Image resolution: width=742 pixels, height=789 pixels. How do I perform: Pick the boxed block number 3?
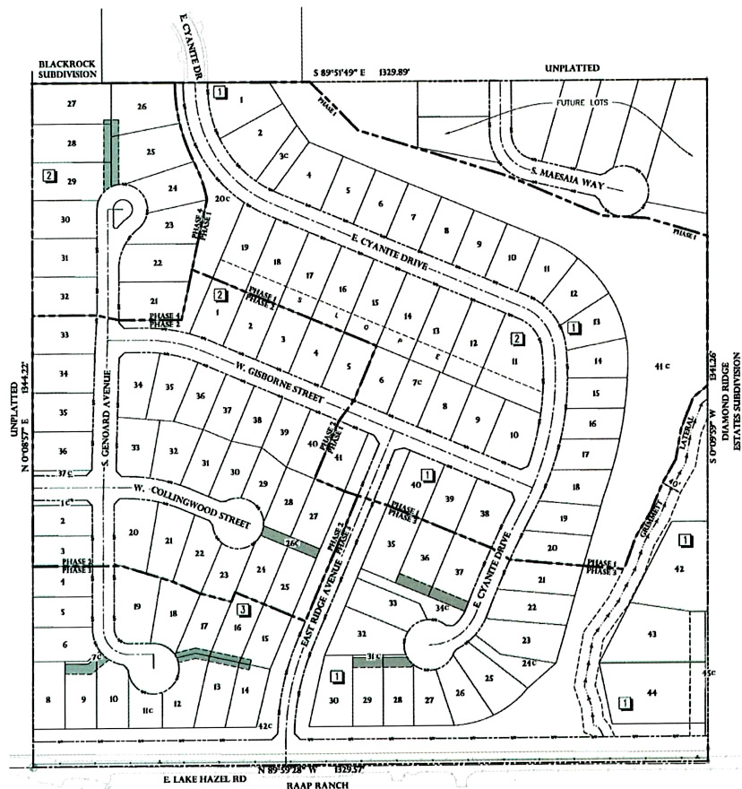tap(243, 611)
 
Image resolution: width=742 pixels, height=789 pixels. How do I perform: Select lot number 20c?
tap(222, 199)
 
